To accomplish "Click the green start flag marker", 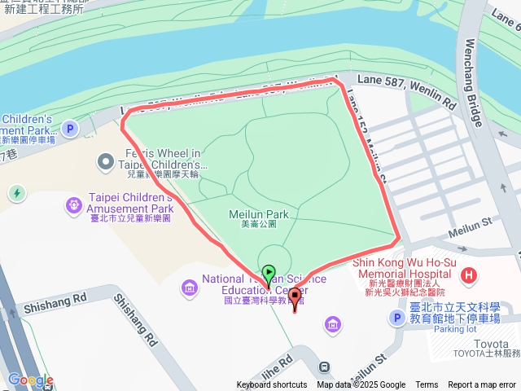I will [269, 273].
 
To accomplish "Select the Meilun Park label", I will [259, 214].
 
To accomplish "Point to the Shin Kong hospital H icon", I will [468, 275].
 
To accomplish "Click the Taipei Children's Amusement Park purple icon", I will [73, 203].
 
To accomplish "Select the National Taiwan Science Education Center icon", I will [189, 286].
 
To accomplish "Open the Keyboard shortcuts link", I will [272, 385].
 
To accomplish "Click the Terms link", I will [427, 385].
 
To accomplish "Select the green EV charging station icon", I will [16, 193].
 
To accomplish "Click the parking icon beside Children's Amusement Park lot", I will [70, 128].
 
